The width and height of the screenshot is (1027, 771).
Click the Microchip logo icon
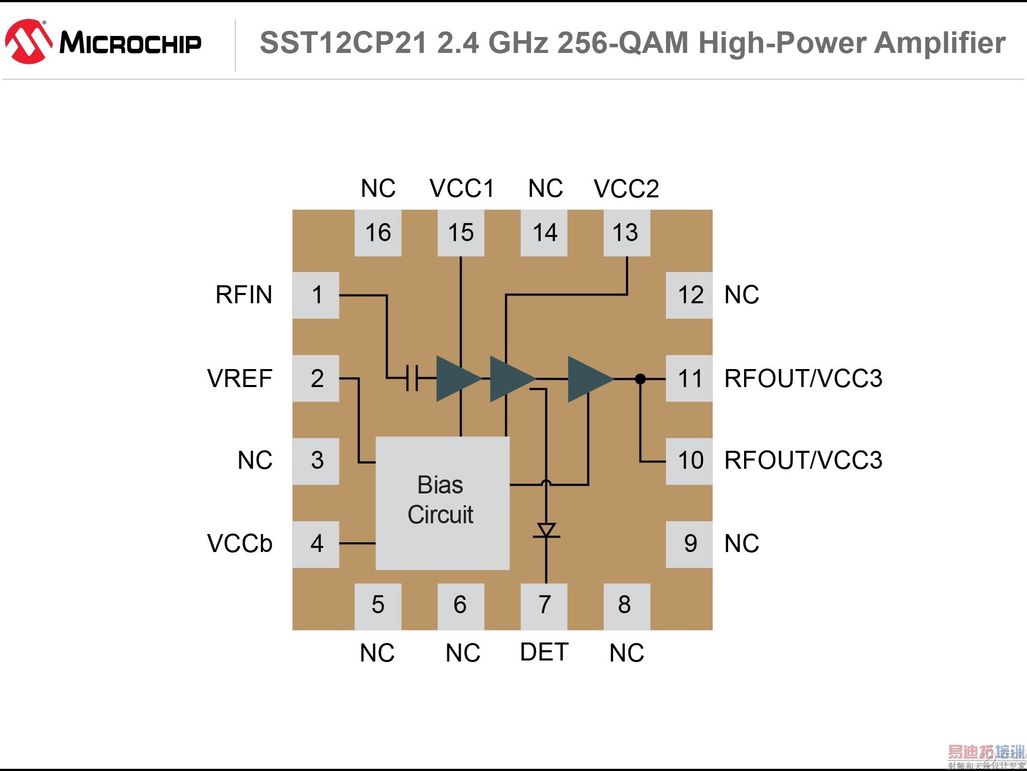29,42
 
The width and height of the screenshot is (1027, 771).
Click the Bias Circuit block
442,503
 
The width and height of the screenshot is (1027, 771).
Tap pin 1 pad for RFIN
316,295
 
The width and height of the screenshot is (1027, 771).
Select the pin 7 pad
544,606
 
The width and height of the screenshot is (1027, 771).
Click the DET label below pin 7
544,652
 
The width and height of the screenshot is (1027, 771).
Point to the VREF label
239,378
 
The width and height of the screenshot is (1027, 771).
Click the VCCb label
239,543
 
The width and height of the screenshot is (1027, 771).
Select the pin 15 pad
461,233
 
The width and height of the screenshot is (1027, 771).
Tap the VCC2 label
626,189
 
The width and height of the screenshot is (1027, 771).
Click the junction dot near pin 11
640,379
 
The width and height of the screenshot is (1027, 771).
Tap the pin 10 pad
689,461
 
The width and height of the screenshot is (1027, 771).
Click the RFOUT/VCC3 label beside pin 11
803,379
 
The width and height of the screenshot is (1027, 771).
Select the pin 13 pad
626,233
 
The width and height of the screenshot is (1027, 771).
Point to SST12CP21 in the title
343,43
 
